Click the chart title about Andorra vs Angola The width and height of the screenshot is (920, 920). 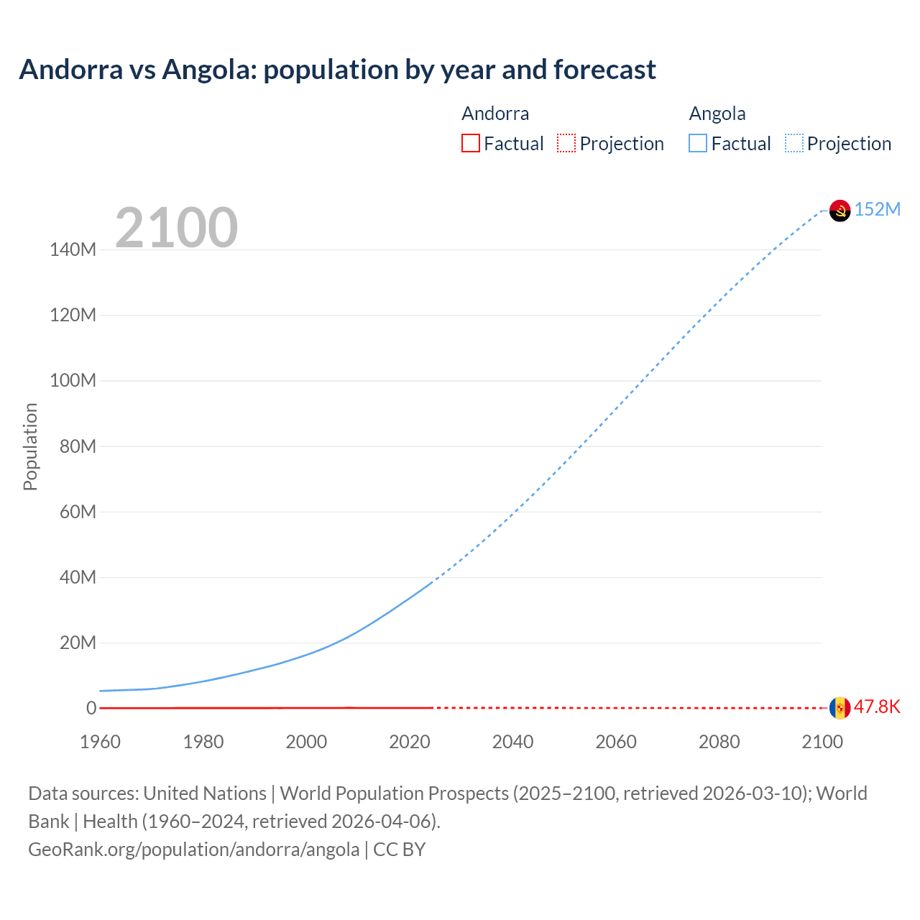coord(337,70)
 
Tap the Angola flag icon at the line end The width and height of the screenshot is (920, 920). coord(839,210)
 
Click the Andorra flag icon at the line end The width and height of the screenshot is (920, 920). coord(839,707)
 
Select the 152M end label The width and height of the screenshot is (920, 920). coord(877,209)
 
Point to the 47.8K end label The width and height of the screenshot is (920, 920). coord(877,707)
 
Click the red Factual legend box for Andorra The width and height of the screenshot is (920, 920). coord(471,144)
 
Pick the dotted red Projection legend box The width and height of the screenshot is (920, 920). coord(566,144)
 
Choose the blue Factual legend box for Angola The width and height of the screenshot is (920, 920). coord(698,144)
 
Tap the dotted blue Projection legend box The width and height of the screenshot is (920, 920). coord(794,144)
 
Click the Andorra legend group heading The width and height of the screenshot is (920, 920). coord(495,114)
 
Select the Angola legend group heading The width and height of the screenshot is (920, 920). coord(717,114)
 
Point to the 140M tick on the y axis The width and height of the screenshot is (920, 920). coord(73,250)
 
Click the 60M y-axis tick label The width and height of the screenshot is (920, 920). coord(77,512)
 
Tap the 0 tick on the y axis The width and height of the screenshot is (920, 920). coord(91,708)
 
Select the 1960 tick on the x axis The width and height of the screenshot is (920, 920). coord(100,742)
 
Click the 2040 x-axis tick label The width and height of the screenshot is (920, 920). coord(512,742)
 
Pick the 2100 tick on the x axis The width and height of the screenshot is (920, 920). coord(822,742)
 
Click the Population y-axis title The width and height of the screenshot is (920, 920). coord(30,446)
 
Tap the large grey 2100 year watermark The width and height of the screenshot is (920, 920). coord(176,228)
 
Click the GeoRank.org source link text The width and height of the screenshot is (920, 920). coord(193,850)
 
